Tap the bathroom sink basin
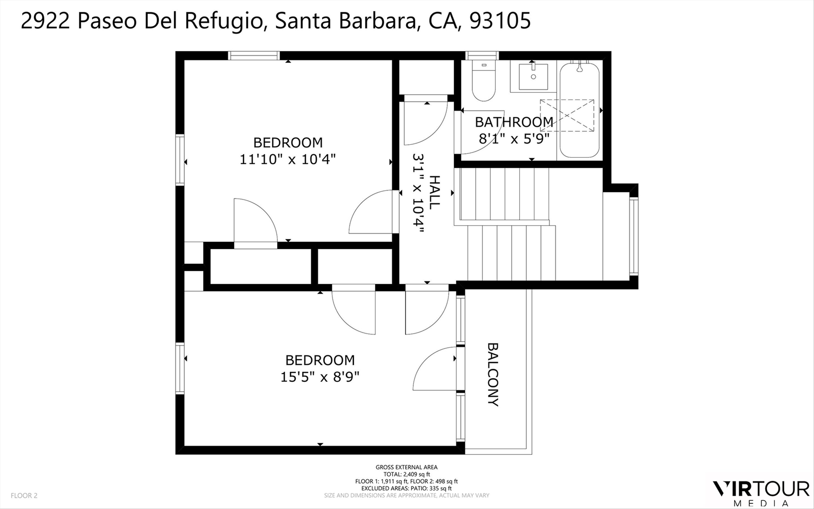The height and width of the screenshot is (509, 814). pyautogui.click(x=533, y=77)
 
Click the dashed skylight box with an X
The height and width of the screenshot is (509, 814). pyautogui.click(x=567, y=115)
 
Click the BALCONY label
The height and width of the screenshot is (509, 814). pyautogui.click(x=493, y=374)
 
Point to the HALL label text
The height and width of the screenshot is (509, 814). pyautogui.click(x=435, y=192)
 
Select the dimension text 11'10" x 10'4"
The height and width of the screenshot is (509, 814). pyautogui.click(x=288, y=159)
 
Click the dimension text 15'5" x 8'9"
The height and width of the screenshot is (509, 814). pyautogui.click(x=320, y=377)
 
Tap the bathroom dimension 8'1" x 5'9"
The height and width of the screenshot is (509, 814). pyautogui.click(x=514, y=138)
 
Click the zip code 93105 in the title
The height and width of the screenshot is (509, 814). pyautogui.click(x=500, y=21)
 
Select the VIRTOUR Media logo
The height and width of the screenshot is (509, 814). pyautogui.click(x=761, y=494)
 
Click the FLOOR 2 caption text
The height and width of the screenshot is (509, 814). pyautogui.click(x=24, y=495)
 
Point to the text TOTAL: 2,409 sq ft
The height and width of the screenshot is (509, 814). pyautogui.click(x=406, y=474)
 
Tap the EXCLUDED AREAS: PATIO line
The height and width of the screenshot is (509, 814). pyautogui.click(x=406, y=488)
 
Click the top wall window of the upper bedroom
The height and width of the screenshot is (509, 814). pyautogui.click(x=254, y=56)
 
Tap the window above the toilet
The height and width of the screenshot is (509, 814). pyautogui.click(x=482, y=56)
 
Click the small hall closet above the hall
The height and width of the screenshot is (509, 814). pyautogui.click(x=426, y=77)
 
